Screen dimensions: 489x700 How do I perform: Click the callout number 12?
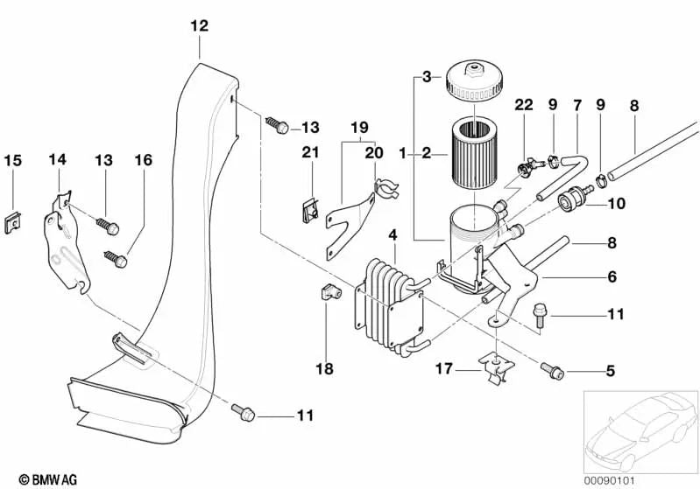pyautogui.click(x=199, y=26)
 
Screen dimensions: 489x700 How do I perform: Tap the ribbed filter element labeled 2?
pyautogui.click(x=475, y=154)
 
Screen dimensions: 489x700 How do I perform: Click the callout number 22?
pyautogui.click(x=524, y=105)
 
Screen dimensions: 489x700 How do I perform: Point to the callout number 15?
pyautogui.click(x=12, y=160)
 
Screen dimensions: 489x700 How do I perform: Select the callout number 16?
pyautogui.click(x=143, y=160)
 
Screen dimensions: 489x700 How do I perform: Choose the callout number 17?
pyautogui.click(x=446, y=369)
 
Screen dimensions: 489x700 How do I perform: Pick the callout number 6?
pyautogui.click(x=612, y=277)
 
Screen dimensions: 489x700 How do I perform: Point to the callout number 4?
pyautogui.click(x=393, y=234)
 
